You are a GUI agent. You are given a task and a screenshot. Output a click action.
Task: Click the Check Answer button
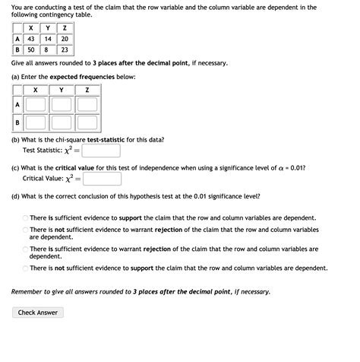pos(37,313)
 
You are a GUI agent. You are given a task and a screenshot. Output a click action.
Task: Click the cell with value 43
pos(31,39)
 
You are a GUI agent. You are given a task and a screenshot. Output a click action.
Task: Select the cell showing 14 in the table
pos(48,39)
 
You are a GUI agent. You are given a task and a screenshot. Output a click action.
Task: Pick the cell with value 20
pos(65,39)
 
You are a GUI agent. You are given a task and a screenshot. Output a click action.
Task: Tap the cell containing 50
pos(31,49)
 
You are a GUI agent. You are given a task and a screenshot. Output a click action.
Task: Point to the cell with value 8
pos(48,49)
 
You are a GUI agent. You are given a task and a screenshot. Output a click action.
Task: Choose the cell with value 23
pos(65,49)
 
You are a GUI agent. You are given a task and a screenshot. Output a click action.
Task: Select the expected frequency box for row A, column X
pos(36,104)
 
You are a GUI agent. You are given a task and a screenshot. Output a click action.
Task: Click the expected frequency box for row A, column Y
pos(62,104)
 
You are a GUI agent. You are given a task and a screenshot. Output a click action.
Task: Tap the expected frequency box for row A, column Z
pos(87,104)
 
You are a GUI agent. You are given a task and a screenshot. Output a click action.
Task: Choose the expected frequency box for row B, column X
pos(36,122)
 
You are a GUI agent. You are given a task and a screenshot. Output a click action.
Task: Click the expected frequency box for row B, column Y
pos(62,122)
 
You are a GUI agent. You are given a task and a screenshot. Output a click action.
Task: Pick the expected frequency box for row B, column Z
pos(87,122)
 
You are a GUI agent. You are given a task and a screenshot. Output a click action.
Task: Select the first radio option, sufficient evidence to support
pos(24,218)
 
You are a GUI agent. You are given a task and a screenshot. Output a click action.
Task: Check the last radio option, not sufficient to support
pos(24,268)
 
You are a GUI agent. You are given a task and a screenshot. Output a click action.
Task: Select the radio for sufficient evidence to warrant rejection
pos(24,249)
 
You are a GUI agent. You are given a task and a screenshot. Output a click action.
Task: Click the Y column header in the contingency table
pos(48,28)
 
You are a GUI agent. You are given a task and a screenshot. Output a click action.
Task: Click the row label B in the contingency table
pos(17,49)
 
